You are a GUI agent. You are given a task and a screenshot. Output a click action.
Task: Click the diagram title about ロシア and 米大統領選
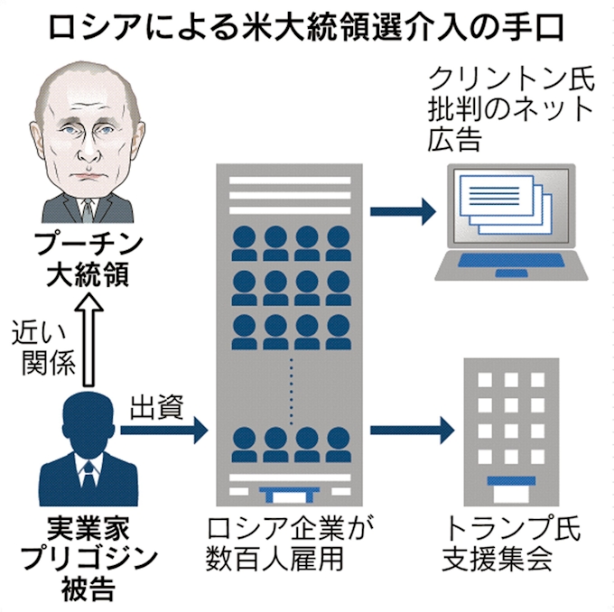307,27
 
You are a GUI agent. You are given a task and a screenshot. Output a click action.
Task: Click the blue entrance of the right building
510,485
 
